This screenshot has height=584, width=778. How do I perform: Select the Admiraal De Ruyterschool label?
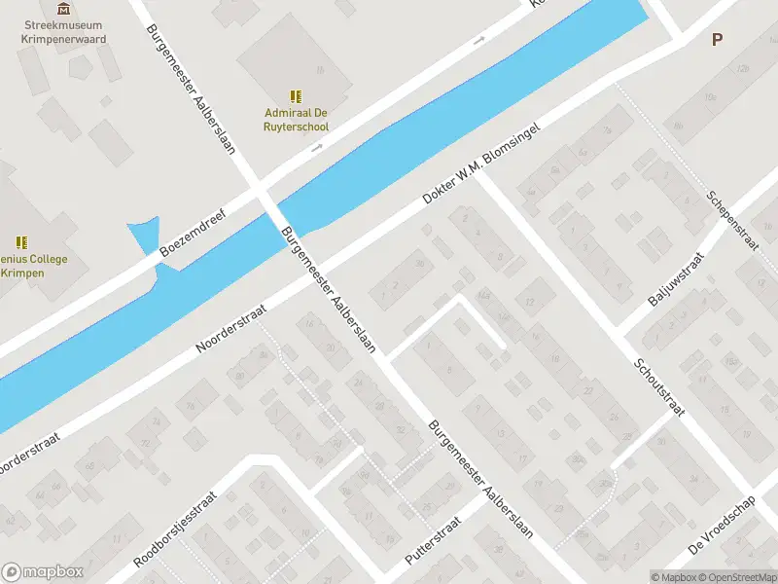pyautogui.click(x=297, y=120)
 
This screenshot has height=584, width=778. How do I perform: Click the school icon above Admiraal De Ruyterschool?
pyautogui.click(x=297, y=95)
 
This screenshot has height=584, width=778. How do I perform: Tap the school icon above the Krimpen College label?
pyautogui.click(x=21, y=241)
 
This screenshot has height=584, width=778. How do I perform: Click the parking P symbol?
pyautogui.click(x=718, y=40)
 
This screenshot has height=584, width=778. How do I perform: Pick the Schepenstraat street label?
pyautogui.click(x=734, y=220)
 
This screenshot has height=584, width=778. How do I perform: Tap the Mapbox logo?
pyautogui.click(x=43, y=572)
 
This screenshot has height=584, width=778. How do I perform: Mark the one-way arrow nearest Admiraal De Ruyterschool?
pyautogui.click(x=316, y=148)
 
